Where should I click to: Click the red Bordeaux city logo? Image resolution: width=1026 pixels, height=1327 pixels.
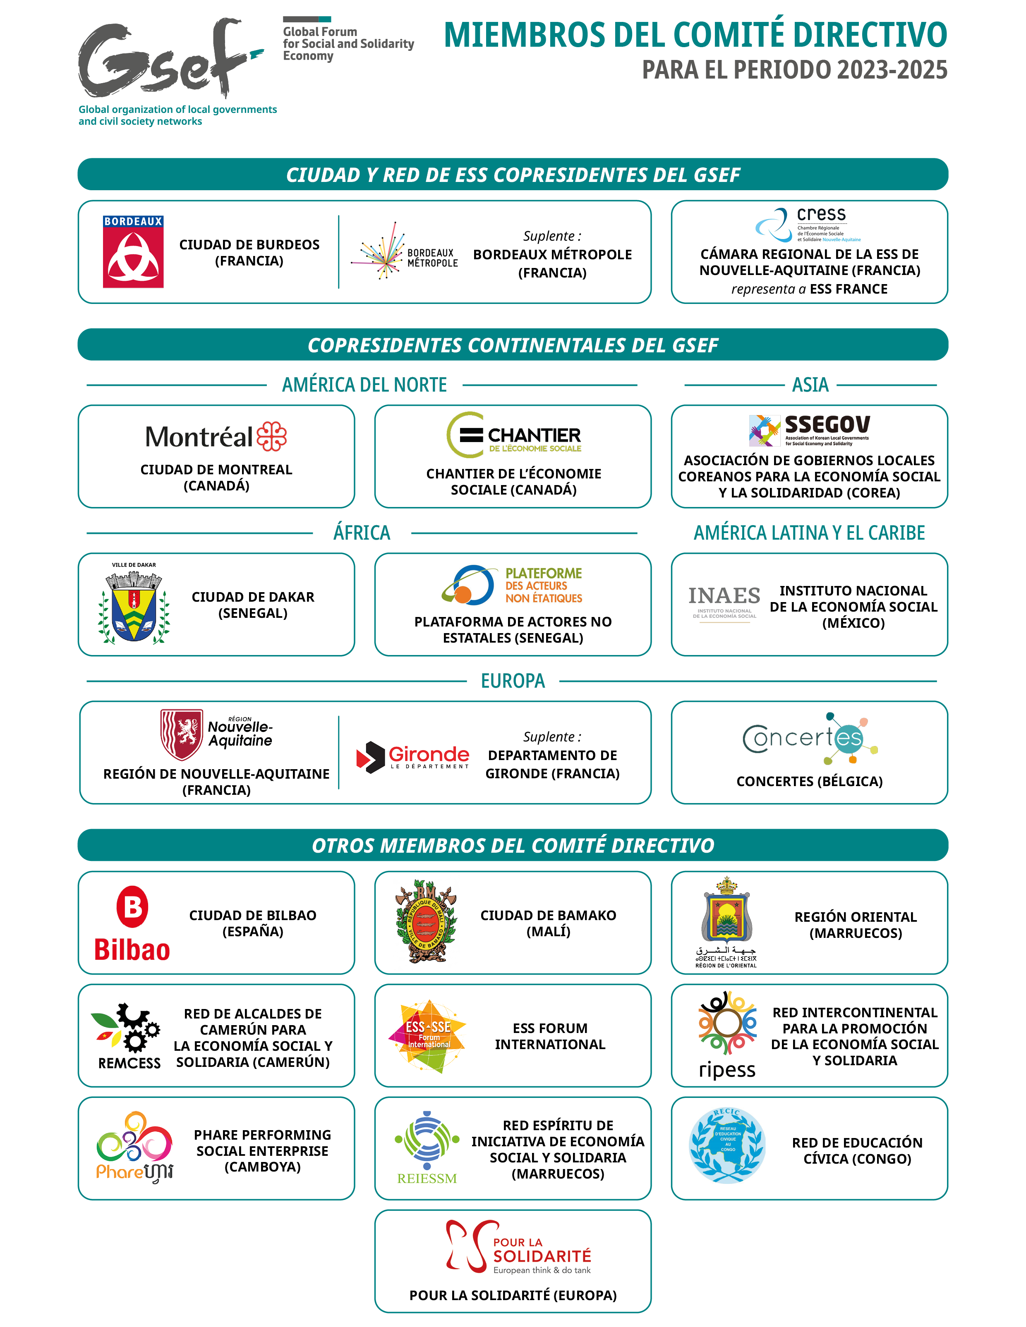(133, 251)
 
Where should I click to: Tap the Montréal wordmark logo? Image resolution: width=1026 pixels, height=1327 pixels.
(216, 436)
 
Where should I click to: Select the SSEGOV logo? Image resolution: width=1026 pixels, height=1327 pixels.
(809, 430)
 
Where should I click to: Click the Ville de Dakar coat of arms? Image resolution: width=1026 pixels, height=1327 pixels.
(134, 603)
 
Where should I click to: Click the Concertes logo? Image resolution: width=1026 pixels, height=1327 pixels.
(810, 738)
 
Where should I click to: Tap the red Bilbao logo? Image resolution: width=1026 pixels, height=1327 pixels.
(132, 923)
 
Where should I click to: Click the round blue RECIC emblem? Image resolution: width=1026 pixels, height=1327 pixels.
(727, 1146)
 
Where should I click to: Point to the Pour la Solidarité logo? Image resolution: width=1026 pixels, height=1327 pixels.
(518, 1248)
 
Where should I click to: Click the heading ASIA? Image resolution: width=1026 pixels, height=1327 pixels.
(810, 385)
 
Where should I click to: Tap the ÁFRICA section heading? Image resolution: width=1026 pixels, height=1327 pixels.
(362, 533)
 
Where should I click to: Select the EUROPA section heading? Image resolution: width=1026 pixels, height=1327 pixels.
(513, 681)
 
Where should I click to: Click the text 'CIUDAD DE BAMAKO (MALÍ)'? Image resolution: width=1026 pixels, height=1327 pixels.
(548, 923)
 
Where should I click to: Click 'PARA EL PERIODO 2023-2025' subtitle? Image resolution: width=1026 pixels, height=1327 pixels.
(794, 70)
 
